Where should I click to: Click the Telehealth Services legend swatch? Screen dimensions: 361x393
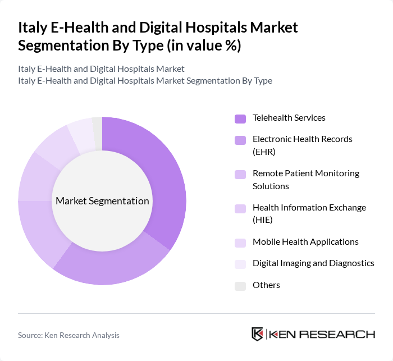click(x=240, y=118)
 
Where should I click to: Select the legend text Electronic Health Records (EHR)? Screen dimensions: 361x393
click(x=302, y=145)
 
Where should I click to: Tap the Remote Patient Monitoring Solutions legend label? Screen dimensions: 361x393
click(x=305, y=180)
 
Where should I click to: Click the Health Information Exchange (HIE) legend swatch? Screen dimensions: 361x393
click(x=240, y=209)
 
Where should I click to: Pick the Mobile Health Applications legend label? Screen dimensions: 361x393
click(x=305, y=242)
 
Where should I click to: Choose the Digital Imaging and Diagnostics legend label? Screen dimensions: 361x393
click(x=313, y=263)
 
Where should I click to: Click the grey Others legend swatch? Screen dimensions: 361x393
click(x=240, y=286)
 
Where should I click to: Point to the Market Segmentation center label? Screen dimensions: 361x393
click(x=102, y=201)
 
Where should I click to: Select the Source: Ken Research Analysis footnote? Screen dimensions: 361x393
click(x=68, y=335)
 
